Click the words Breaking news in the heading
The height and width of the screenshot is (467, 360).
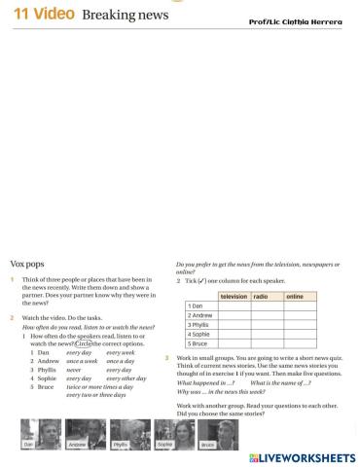tap(126, 16)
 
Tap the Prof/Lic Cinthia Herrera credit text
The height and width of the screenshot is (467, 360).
tap(303, 21)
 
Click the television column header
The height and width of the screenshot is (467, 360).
tap(234, 295)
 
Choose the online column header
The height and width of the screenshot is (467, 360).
tap(295, 295)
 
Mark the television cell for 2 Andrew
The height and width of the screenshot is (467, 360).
tap(234, 315)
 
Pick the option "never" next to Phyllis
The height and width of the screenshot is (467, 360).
tap(75, 370)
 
